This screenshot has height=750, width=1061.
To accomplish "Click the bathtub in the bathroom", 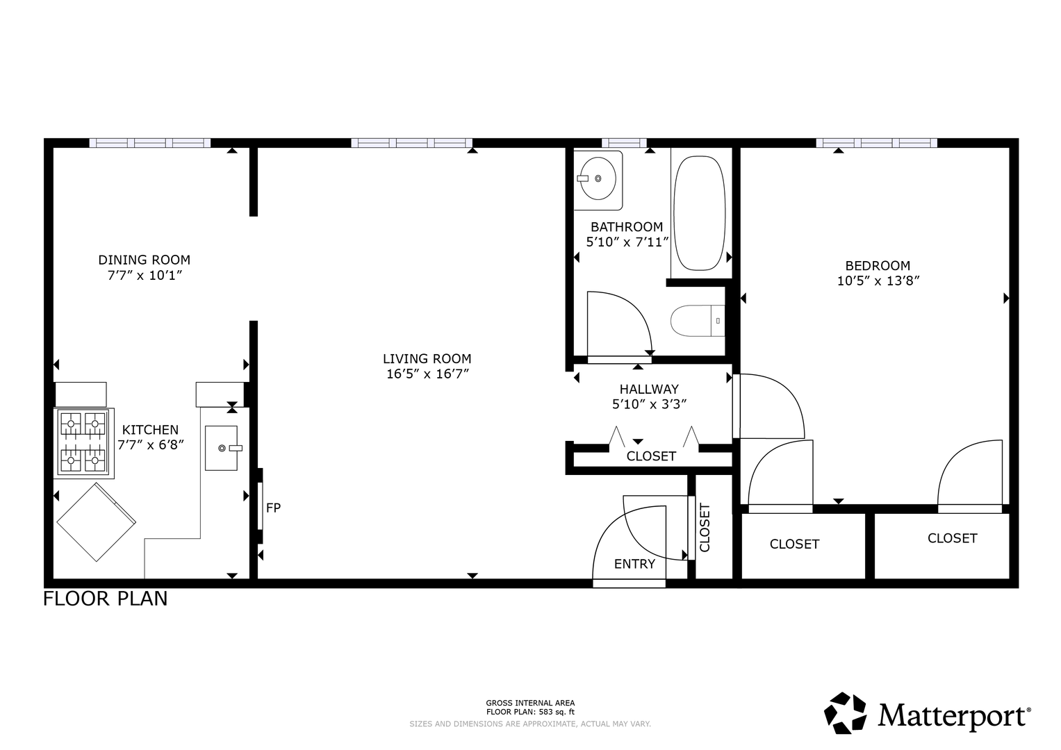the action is tap(700, 212).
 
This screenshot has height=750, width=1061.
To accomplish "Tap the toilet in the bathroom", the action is tap(698, 321).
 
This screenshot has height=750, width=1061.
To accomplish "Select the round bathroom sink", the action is tap(598, 178).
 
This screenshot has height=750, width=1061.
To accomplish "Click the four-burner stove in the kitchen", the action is tap(83, 443).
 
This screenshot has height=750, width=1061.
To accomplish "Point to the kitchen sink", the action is tap(222, 448).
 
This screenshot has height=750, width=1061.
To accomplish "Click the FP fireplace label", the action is tap(273, 508).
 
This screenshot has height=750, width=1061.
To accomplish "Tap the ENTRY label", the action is tap(634, 564).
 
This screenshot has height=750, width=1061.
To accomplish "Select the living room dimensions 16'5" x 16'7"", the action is tap(428, 374).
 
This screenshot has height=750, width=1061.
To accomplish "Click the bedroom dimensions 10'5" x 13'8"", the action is tap(878, 281).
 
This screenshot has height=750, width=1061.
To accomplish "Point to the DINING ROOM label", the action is tap(145, 260).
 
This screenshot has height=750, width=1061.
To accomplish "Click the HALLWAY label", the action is tap(650, 389).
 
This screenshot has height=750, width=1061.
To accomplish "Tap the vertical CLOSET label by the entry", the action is tap(705, 528).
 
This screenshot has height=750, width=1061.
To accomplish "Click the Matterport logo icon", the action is tap(846, 713).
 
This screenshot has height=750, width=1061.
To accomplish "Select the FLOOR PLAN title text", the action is tap(105, 599).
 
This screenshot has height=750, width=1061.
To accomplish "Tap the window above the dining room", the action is tap(149, 143).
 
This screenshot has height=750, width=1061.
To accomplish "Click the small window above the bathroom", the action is tap(624, 143).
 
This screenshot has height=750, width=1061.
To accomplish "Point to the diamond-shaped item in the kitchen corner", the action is tap(96, 522).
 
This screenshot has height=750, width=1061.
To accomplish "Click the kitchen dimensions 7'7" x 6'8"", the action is tap(151, 445).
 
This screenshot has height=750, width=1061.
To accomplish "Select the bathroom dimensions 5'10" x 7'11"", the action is tap(627, 242).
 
